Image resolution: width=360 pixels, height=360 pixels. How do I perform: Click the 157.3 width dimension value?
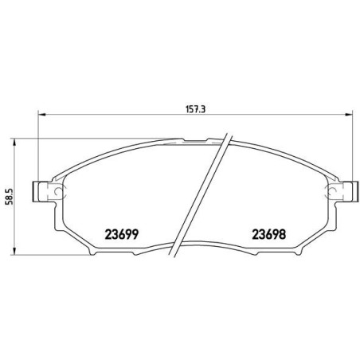pyautogui.click(x=195, y=109)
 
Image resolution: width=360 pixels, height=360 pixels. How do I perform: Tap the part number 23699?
pyautogui.click(x=122, y=234)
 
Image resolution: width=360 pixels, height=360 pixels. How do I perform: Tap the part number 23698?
pyautogui.click(x=269, y=234)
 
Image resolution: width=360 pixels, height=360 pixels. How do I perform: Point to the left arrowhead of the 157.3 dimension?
pyautogui.click(x=42, y=115)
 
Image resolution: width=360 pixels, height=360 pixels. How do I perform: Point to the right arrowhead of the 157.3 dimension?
pyautogui.click(x=349, y=115)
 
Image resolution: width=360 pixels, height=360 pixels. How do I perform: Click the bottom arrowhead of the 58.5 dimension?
pyautogui.click(x=15, y=251)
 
